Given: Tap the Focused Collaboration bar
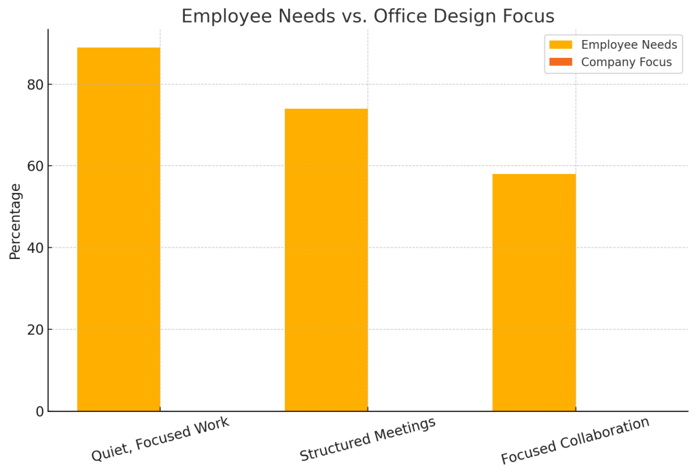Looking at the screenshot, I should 534,292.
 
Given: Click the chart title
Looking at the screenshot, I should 368,16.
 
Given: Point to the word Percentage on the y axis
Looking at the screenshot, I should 16,221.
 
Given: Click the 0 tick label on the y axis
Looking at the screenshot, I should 39,411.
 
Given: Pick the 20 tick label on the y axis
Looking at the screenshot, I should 35,330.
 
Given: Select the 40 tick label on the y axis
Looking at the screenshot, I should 35,248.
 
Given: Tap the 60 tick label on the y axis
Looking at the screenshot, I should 35,167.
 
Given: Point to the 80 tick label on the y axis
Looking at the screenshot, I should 35,85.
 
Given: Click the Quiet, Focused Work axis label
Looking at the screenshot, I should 160,439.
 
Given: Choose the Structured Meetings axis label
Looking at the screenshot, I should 368,439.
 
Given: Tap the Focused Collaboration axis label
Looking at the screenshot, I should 575,441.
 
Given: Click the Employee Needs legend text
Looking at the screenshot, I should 629,45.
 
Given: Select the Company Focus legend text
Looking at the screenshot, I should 626,63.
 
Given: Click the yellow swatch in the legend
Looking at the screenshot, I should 561,45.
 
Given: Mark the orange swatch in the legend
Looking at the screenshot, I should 561,63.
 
